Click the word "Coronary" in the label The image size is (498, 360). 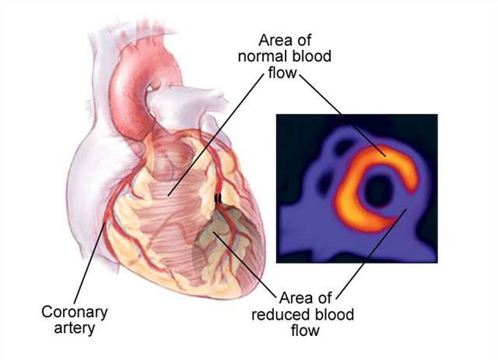tap(74, 312)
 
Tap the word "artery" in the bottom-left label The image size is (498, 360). tap(75, 328)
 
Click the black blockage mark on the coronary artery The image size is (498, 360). tap(217, 197)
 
